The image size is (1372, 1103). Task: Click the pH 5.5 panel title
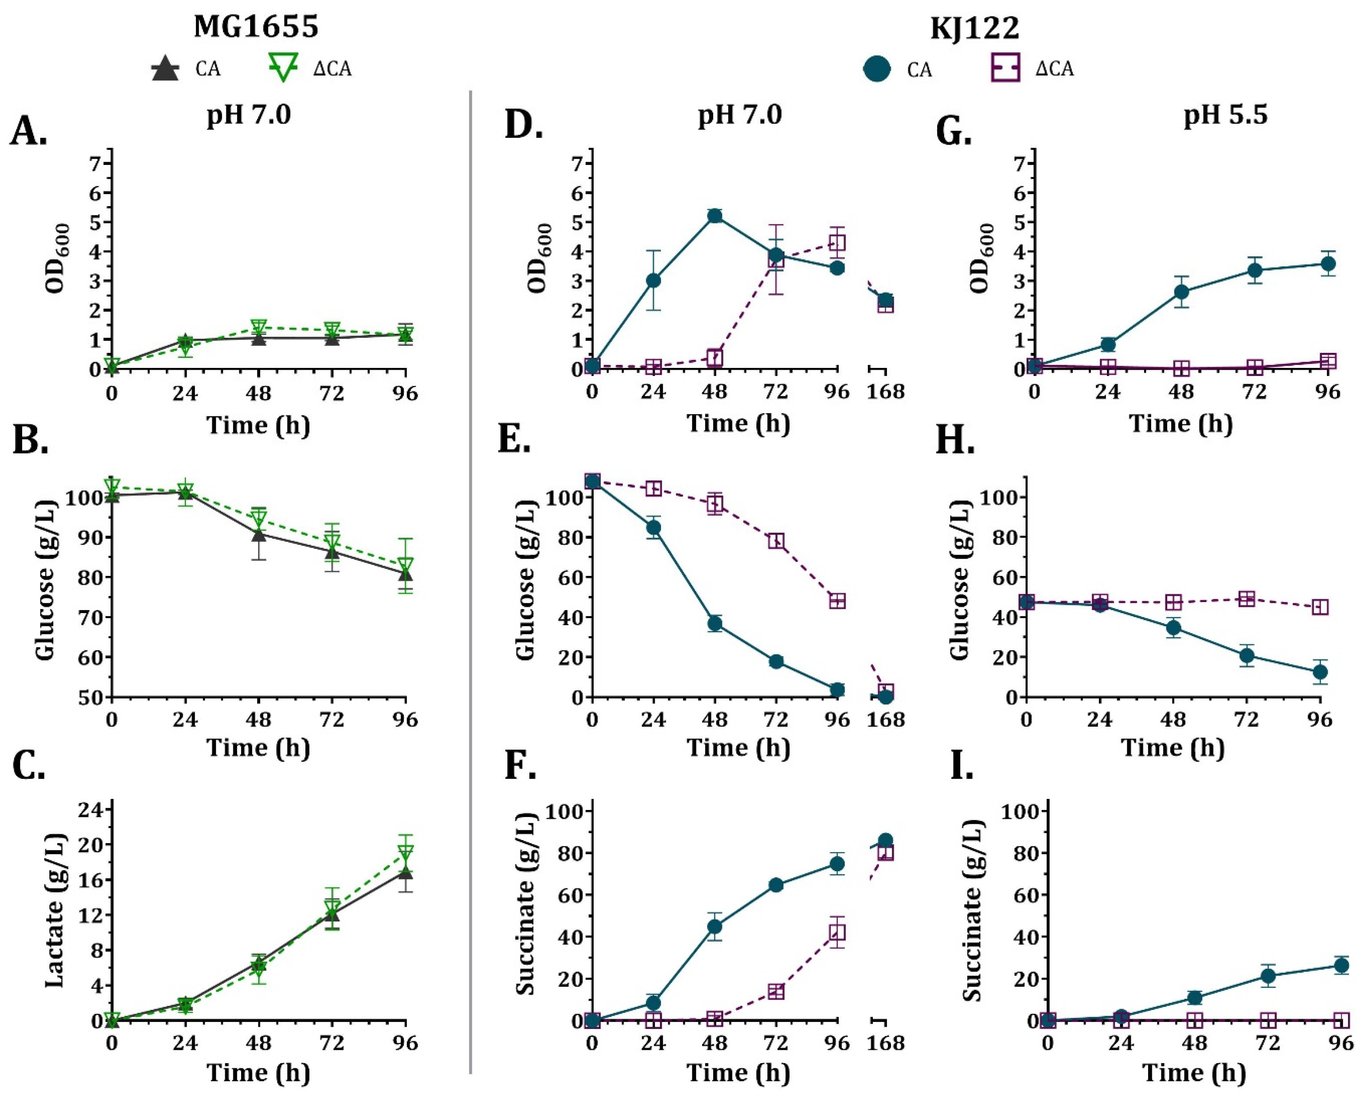(1225, 115)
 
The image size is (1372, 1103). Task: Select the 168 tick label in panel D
(885, 391)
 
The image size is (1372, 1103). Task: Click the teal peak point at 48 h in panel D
(715, 216)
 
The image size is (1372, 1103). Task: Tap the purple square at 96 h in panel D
(837, 243)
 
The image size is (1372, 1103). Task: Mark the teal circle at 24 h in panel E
(653, 528)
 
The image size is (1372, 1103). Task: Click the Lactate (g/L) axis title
(56, 911)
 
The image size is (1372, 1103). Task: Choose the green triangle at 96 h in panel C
(405, 852)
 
